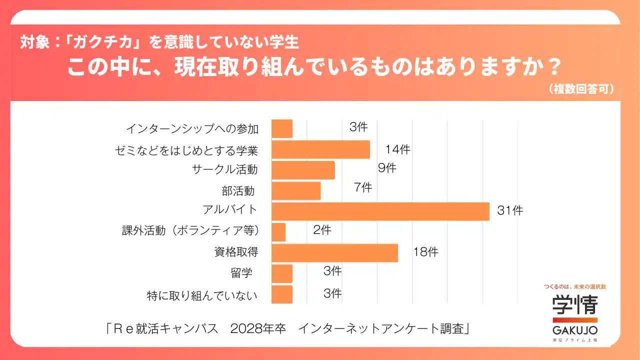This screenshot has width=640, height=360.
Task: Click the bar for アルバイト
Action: pyautogui.click(x=380, y=211)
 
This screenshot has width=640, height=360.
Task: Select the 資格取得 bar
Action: pyautogui.click(x=334, y=252)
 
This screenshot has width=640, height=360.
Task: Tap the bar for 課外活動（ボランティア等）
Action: pyautogui.click(x=278, y=232)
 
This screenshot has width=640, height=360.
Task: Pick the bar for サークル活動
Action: pyautogui.click(x=303, y=170)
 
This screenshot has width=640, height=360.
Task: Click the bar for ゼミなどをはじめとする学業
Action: pyautogui.click(x=320, y=149)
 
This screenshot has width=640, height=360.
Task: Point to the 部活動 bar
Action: pyautogui.click(x=296, y=190)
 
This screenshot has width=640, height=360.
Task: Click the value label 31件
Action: pyautogui.click(x=510, y=211)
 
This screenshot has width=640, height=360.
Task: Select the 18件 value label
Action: pyautogui.click(x=425, y=252)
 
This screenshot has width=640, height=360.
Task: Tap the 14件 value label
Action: pyautogui.click(x=397, y=149)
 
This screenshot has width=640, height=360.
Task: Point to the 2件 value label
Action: pyautogui.click(x=322, y=230)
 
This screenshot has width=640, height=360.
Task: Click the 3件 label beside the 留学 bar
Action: pyautogui.click(x=332, y=271)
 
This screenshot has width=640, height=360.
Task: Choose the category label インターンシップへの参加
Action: pyautogui.click(x=192, y=129)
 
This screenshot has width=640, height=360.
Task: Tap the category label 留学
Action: pyautogui.click(x=241, y=273)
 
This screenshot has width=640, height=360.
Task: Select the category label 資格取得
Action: pyautogui.click(x=236, y=252)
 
